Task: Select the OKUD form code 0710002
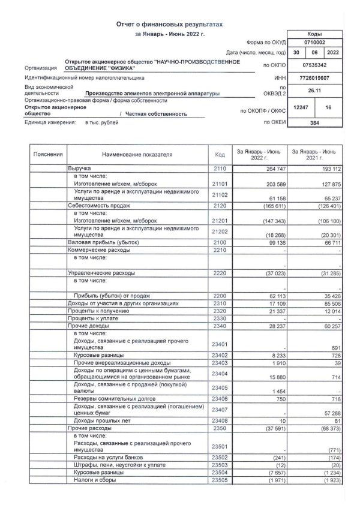[x=313, y=43]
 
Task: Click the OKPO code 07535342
[x=313, y=64]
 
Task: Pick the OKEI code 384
[x=313, y=123]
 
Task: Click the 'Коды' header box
[x=313, y=34]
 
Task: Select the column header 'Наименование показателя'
[x=137, y=154]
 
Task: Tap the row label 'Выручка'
[x=80, y=170]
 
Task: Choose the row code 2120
[x=219, y=205]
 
